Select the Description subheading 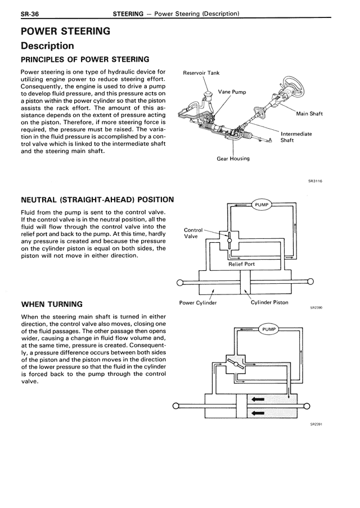(47, 46)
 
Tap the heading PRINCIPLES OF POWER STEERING (85, 59)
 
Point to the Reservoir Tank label (201, 73)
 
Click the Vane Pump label (232, 92)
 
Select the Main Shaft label (309, 114)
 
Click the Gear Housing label (233, 158)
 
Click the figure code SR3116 (315, 181)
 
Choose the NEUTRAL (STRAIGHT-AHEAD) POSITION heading (97, 199)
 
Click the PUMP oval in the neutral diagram (262, 205)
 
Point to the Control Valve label (193, 233)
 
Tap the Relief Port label (241, 264)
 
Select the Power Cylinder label (198, 302)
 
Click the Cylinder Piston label (269, 302)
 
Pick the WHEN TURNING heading (52, 304)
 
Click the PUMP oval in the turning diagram (269, 328)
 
